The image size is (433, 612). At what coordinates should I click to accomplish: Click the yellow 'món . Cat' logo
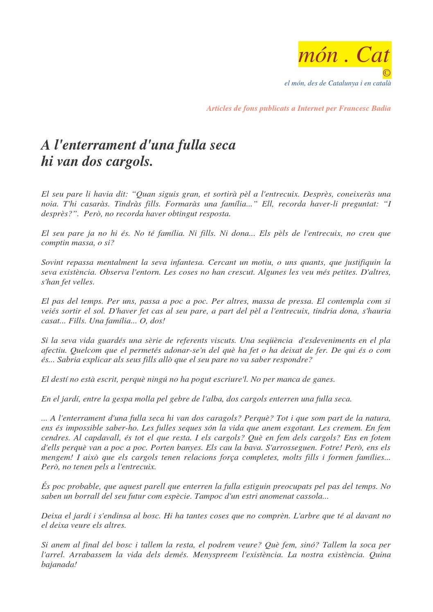(x=345, y=54)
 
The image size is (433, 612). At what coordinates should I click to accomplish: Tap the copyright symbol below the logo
(x=387, y=73)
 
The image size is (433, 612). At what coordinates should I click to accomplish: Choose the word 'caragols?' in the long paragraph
(x=222, y=419)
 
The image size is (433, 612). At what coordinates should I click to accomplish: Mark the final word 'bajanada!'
(x=59, y=565)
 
